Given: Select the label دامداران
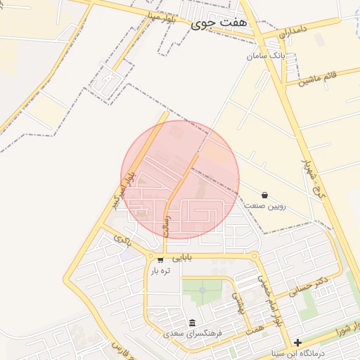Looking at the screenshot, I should pyautogui.click(x=293, y=32).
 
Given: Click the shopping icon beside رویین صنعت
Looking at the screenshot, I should pyautogui.click(x=264, y=194).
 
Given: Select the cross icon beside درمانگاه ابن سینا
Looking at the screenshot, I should pyautogui.click(x=297, y=343).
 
